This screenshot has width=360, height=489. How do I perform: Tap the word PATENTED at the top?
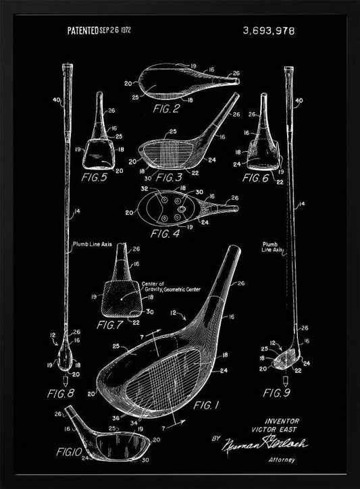(x=83, y=30)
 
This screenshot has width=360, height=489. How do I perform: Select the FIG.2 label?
(x=165, y=107)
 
